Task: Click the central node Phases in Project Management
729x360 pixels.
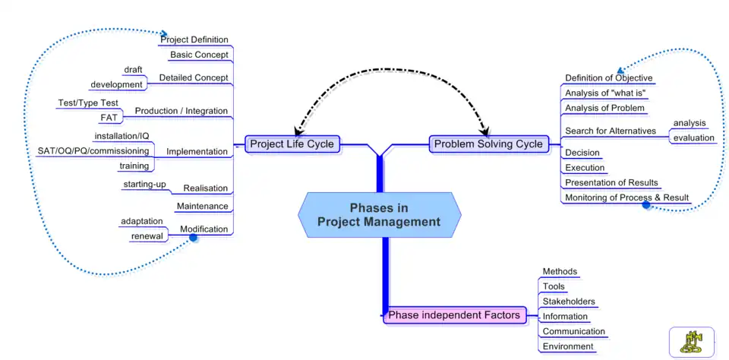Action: (x=379, y=215)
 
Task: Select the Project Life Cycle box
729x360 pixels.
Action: (x=292, y=144)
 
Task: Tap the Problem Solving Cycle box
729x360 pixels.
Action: (x=488, y=144)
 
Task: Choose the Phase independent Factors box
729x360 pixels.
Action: (x=454, y=314)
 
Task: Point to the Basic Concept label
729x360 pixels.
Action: (x=199, y=55)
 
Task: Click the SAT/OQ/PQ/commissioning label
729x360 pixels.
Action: (x=93, y=151)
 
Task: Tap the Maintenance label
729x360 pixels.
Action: (x=202, y=206)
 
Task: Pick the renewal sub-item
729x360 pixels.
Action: (x=147, y=235)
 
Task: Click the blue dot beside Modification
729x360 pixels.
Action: (x=193, y=238)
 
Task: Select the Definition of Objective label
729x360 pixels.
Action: (x=608, y=77)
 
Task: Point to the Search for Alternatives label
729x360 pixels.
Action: (x=611, y=131)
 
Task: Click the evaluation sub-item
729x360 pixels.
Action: (x=693, y=137)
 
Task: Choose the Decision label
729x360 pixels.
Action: (x=582, y=153)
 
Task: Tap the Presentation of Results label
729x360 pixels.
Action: (x=611, y=182)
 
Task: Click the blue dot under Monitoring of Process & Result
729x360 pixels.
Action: (x=646, y=204)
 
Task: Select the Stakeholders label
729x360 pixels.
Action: (x=569, y=302)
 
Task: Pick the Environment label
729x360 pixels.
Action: (x=568, y=346)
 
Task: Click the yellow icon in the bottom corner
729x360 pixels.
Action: (x=691, y=342)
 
